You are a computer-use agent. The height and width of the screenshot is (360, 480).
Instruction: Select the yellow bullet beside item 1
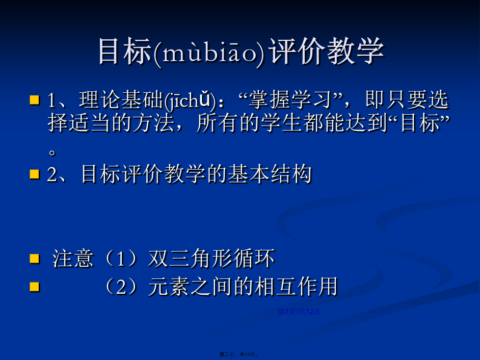click(35, 100)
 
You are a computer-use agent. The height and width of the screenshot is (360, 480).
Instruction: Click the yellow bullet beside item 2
click(35, 174)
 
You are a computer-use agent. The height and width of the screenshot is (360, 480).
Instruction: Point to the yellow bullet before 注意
click(35, 259)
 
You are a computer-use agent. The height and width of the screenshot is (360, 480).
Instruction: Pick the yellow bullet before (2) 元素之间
click(35, 287)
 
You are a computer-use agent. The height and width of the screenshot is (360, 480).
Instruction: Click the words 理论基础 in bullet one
click(121, 100)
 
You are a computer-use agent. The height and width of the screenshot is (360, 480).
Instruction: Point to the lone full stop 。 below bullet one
click(52, 152)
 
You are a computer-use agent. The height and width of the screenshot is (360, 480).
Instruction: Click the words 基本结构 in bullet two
click(270, 174)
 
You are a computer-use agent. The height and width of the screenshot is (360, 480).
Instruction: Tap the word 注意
click(72, 259)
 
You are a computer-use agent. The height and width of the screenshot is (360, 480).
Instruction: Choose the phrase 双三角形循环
click(211, 259)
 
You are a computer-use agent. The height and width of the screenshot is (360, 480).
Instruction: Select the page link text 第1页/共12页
click(299, 312)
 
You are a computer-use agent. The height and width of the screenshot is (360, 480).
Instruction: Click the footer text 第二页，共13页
click(239, 354)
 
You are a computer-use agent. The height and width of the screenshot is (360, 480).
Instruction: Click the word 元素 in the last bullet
click(169, 287)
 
